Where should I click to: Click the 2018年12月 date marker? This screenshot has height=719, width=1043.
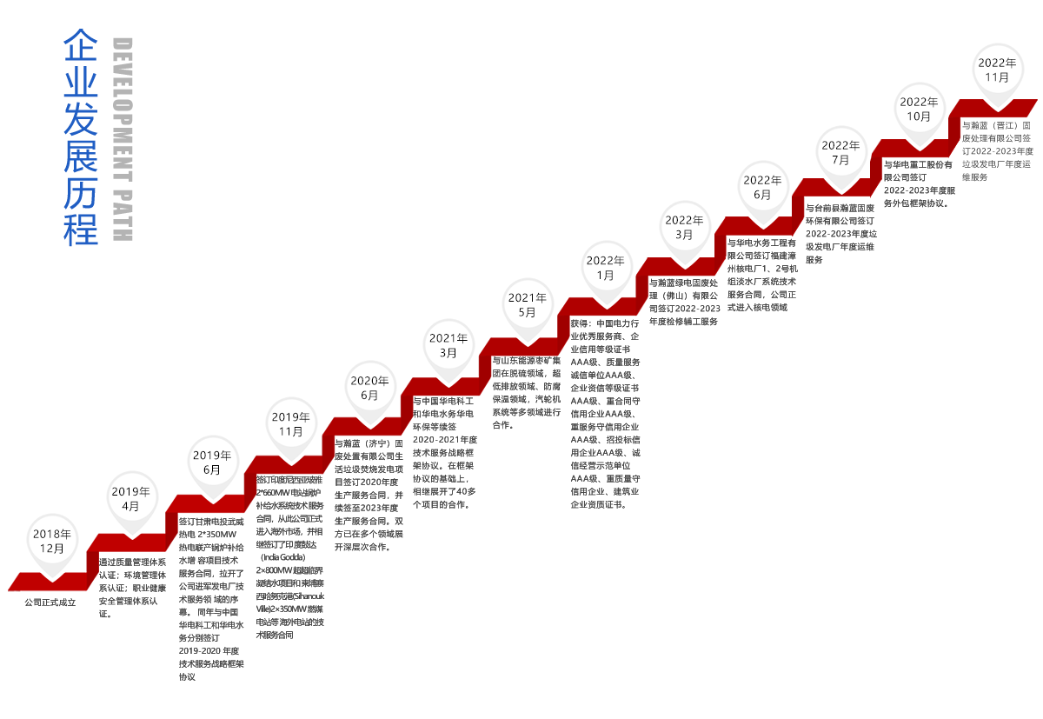click(52, 541)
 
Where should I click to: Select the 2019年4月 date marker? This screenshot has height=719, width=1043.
click(130, 498)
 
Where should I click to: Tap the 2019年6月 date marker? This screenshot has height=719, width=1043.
click(212, 462)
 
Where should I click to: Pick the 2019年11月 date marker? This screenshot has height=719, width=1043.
click(291, 423)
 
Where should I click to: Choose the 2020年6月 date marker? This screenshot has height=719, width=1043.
click(369, 387)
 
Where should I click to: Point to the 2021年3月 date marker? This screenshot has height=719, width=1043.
click(448, 345)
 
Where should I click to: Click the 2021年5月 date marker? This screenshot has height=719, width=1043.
click(528, 304)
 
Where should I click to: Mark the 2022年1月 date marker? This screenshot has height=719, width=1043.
click(606, 267)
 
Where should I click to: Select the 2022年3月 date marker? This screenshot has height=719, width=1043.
click(684, 227)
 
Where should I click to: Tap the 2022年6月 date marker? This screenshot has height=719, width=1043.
click(762, 187)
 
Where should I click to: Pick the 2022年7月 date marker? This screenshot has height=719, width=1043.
click(840, 152)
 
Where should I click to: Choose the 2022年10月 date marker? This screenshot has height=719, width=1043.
click(919, 109)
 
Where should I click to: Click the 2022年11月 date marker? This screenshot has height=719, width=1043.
click(997, 70)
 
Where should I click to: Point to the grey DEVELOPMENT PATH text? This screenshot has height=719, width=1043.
click(123, 138)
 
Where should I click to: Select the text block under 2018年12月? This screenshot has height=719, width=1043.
click(50, 602)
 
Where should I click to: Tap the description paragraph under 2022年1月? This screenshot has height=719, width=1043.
click(606, 413)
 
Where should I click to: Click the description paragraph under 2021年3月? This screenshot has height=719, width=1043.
click(443, 452)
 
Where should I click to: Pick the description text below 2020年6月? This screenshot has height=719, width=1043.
click(369, 495)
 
